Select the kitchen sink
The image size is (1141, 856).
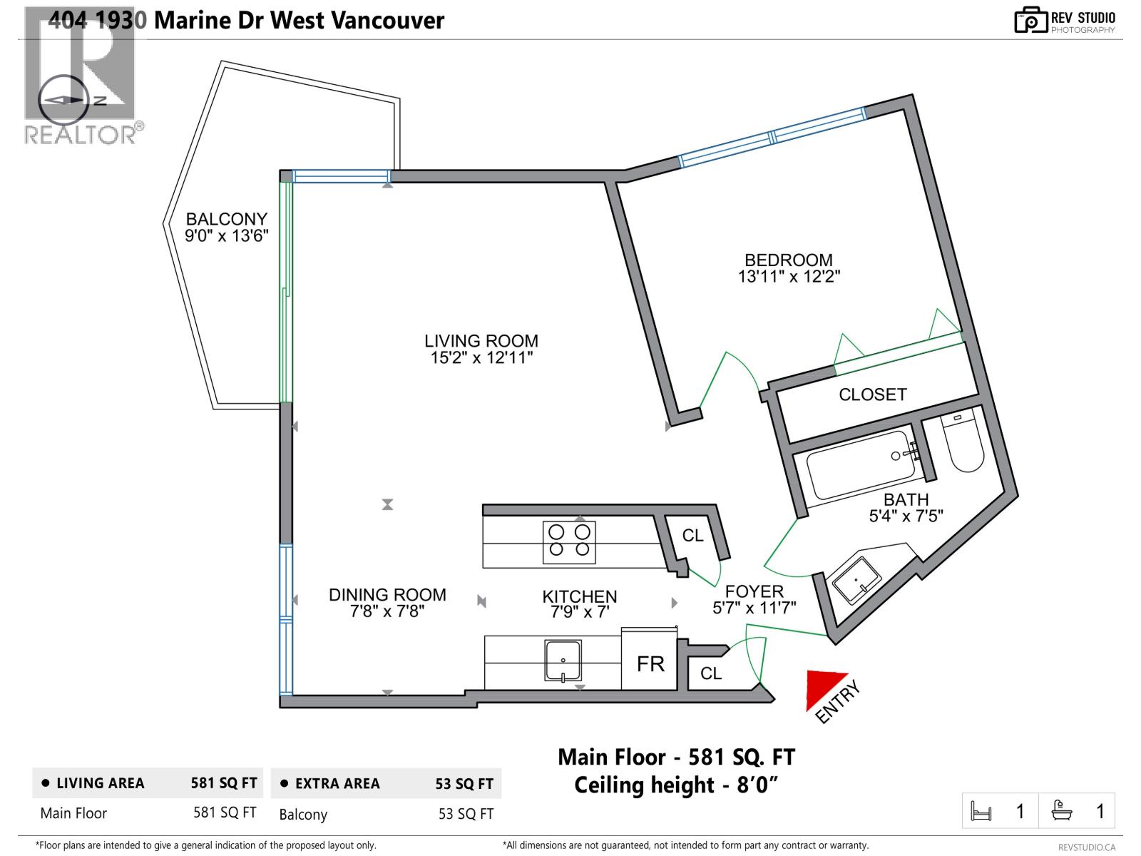pyautogui.click(x=563, y=661)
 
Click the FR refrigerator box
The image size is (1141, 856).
pyautogui.click(x=650, y=664)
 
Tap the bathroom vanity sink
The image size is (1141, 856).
pyautogui.click(x=860, y=580)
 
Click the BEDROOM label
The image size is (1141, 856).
pyautogui.click(x=789, y=260)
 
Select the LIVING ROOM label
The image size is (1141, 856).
pyautogui.click(x=481, y=341)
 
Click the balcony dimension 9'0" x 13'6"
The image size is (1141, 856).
pyautogui.click(x=227, y=235)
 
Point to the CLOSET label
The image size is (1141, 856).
pyautogui.click(x=873, y=394)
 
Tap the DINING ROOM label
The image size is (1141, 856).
pyautogui.click(x=387, y=594)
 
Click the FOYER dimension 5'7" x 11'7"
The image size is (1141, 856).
pyautogui.click(x=754, y=608)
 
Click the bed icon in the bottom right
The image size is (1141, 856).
pyautogui.click(x=982, y=811)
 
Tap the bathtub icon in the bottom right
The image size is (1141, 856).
pyautogui.click(x=1063, y=811)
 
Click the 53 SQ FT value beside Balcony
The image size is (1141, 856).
pyautogui.click(x=466, y=814)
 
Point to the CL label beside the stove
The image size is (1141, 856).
pyautogui.click(x=692, y=535)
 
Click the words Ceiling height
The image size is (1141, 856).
pyautogui.click(x=644, y=785)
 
